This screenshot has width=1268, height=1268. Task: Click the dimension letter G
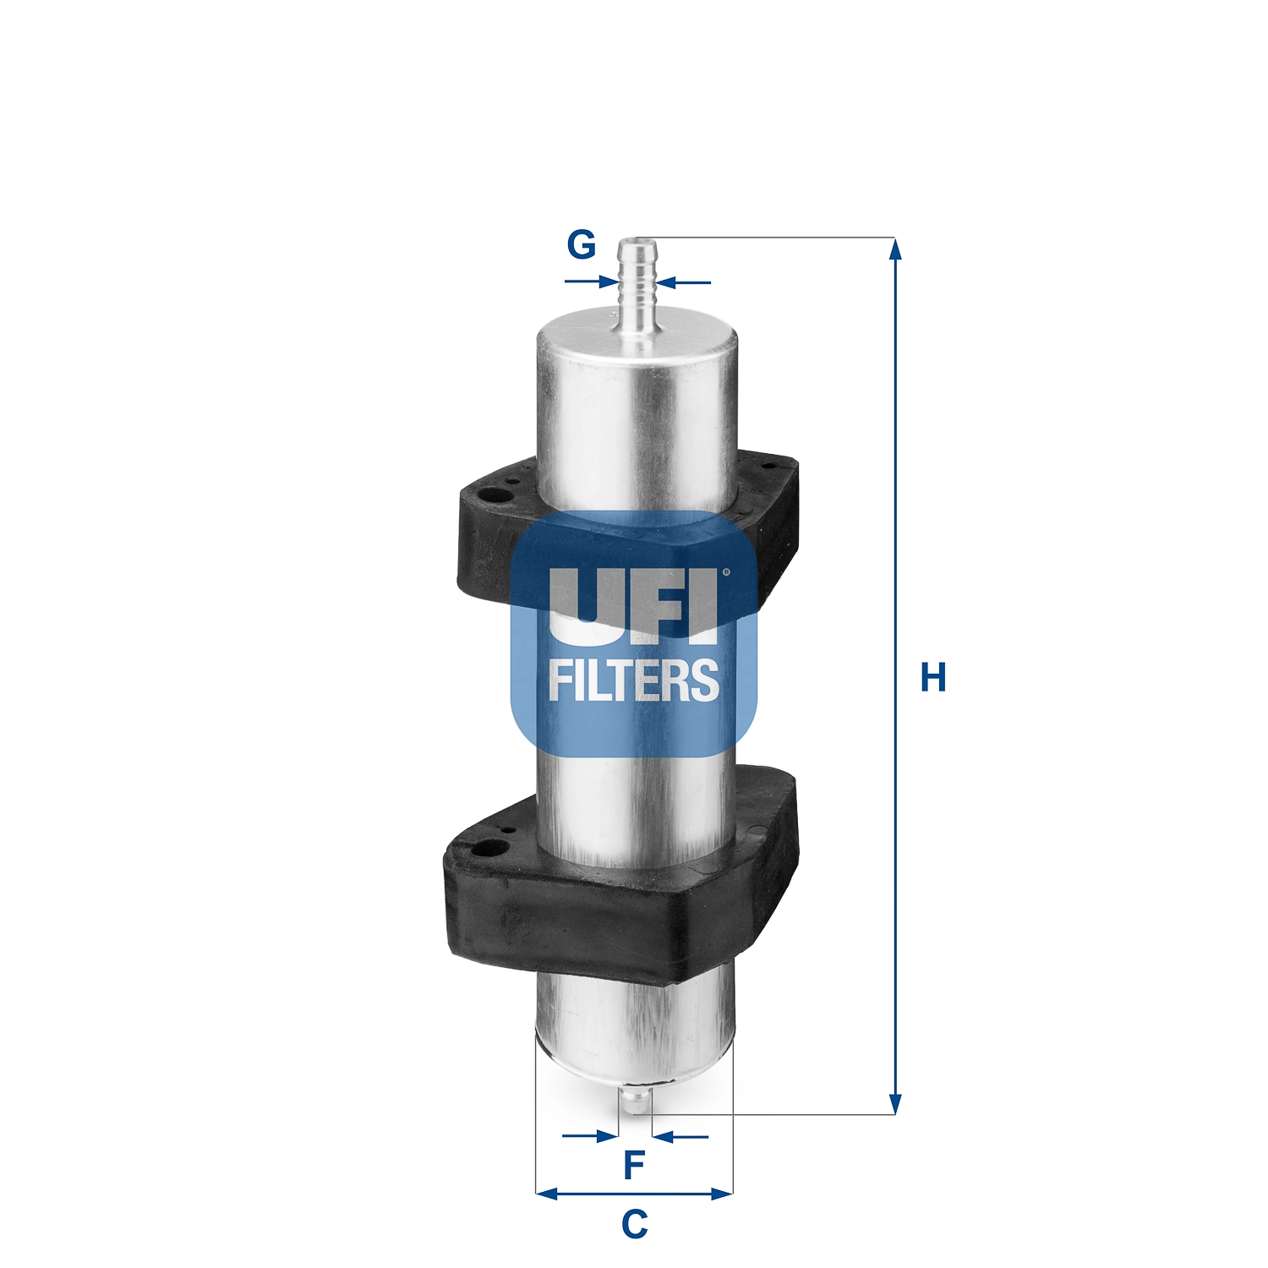tap(581, 245)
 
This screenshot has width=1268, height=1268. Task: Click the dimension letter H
tap(932, 678)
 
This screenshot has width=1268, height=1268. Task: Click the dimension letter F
tap(634, 1165)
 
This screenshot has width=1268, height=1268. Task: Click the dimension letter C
tap(634, 1223)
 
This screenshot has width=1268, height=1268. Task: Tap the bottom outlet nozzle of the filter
tap(635, 1100)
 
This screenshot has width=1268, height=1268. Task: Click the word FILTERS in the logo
tap(634, 681)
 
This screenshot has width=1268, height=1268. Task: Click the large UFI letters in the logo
tap(634, 602)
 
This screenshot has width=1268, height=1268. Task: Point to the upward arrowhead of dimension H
tap(895, 249)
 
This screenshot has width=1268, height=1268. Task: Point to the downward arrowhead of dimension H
tap(895, 1103)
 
